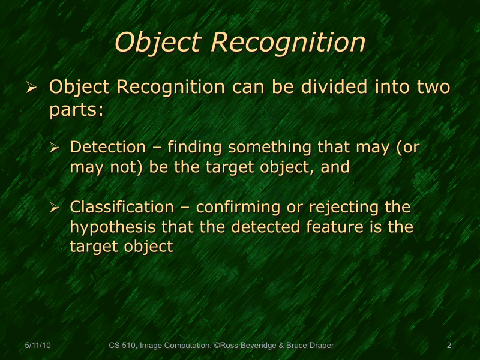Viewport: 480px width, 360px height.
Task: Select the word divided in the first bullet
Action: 335,87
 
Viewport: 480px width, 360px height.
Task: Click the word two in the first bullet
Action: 433,87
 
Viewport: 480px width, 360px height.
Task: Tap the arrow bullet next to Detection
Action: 54,148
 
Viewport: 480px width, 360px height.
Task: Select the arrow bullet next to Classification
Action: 54,208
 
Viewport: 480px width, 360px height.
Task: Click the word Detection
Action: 107,147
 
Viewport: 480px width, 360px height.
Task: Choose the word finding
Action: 195,147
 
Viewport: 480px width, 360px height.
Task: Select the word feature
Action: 337,227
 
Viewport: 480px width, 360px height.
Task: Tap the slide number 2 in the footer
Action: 449,346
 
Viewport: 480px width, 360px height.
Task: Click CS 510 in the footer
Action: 122,346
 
